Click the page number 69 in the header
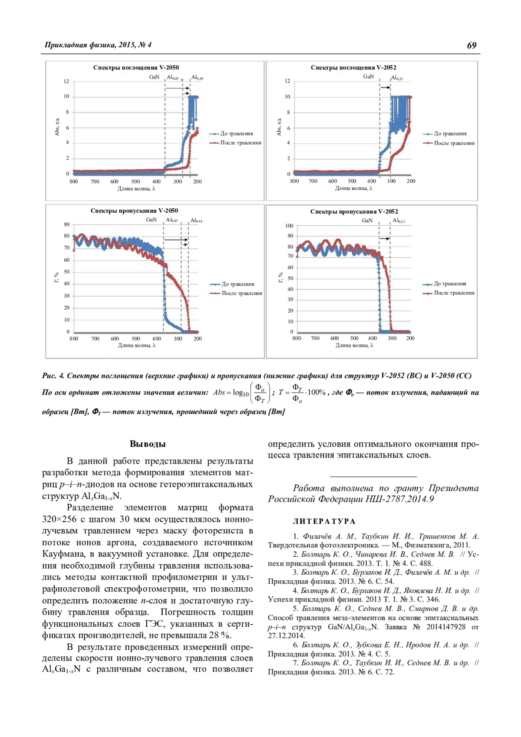click(472, 46)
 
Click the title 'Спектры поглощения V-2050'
click(136, 68)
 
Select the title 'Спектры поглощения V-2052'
click(353, 68)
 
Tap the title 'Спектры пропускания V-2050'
click(134, 211)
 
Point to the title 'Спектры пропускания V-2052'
click(354, 212)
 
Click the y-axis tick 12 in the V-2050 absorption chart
click(66, 82)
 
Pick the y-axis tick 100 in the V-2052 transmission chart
click(289, 226)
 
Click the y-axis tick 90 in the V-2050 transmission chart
click(67, 225)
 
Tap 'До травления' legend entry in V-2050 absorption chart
click(237, 134)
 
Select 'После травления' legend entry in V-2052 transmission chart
click(454, 293)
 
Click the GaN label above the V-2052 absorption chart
click(369, 77)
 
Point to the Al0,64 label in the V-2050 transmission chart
click(196, 220)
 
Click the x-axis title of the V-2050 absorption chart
click(136, 189)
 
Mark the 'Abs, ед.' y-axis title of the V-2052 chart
click(279, 127)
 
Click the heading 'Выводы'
click(148, 444)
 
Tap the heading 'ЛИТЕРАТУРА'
click(324, 522)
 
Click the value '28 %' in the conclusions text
click(220, 635)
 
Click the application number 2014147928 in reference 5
click(445, 627)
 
